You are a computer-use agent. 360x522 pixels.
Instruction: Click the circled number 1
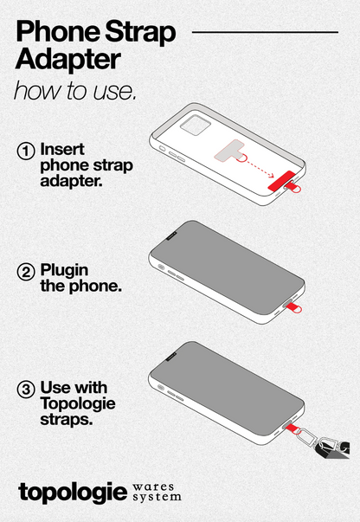[27, 150]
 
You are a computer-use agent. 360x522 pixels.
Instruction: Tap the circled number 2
[27, 272]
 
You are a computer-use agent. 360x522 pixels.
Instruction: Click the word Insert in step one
[63, 148]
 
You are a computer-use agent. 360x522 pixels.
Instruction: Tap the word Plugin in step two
[65, 270]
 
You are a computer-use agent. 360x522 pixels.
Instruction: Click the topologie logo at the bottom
[72, 491]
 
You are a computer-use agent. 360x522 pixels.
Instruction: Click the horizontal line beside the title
[264, 32]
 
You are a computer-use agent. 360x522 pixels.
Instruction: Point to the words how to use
[74, 91]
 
